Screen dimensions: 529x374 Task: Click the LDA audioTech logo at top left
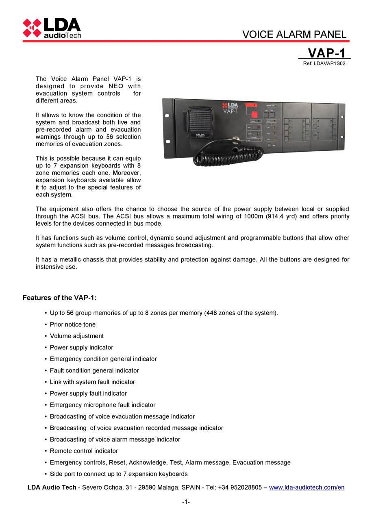52,28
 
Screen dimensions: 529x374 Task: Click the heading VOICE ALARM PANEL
294,35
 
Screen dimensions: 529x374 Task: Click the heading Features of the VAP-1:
59,298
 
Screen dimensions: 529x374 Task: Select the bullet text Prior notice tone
72,324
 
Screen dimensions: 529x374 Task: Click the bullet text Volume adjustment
76,336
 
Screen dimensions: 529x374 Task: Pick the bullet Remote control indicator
84,451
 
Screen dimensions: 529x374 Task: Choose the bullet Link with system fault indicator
92,382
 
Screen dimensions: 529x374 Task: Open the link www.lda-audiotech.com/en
307,487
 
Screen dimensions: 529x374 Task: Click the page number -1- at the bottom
186,502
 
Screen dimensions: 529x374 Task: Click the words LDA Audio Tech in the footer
52,487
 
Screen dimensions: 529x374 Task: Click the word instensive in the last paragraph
51,267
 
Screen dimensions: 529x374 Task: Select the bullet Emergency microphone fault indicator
102,405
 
